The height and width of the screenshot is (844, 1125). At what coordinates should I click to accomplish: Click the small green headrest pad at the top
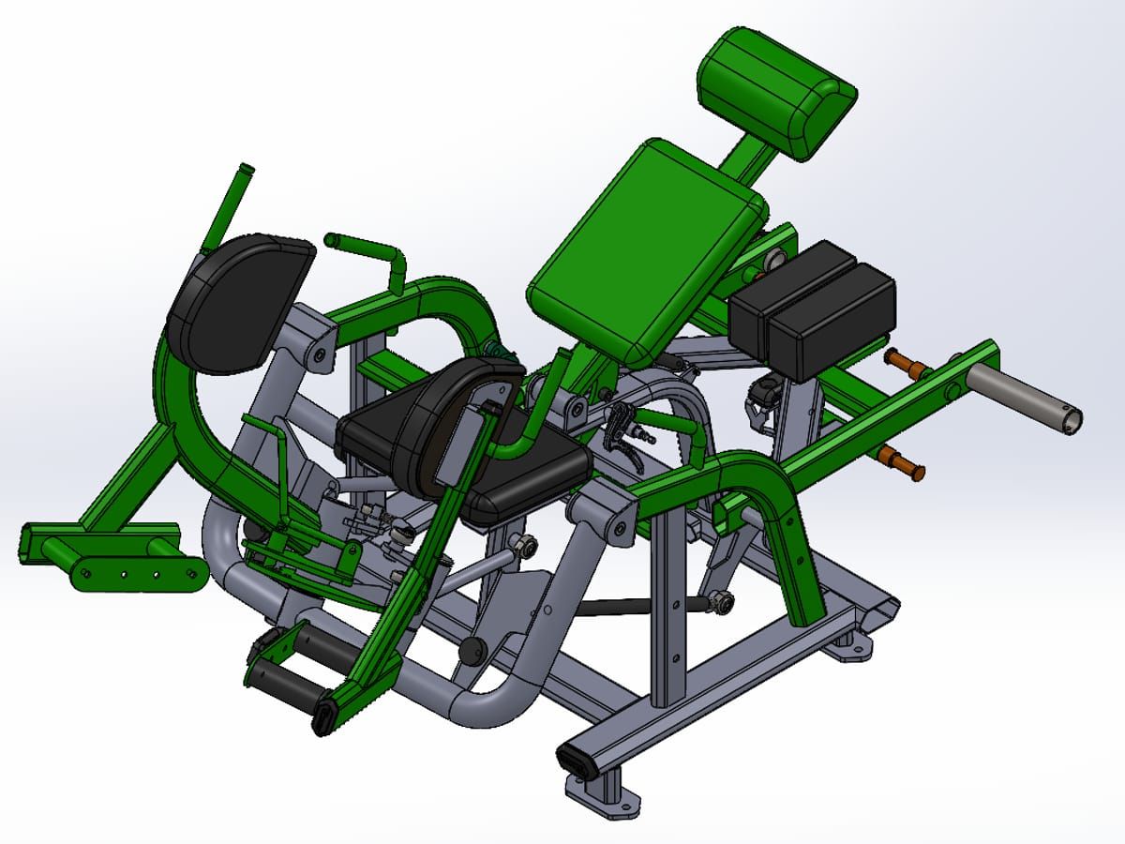(x=777, y=93)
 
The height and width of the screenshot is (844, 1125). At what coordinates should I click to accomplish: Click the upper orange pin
(x=905, y=360)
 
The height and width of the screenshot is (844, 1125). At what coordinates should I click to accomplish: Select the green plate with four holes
(x=139, y=574)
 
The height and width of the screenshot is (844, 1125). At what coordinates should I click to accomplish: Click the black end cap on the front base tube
(x=575, y=761)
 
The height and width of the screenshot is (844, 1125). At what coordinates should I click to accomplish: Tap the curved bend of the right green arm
(x=764, y=478)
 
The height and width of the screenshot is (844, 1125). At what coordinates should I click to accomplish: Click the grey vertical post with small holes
(x=673, y=610)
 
